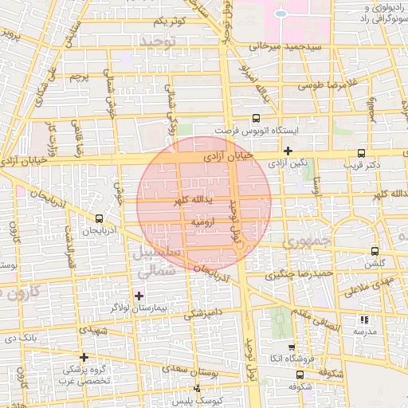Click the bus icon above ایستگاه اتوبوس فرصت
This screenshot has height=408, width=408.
coord(255,117)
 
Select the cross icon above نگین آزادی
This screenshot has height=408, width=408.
coord(288,150)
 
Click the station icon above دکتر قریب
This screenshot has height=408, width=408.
coord(361,152)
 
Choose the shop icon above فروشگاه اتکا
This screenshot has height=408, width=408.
coord(292,347)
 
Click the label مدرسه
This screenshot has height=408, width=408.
coord(364,331)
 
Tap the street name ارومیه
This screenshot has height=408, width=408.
coord(203,224)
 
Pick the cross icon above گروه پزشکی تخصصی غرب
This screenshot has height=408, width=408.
coord(84,357)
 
